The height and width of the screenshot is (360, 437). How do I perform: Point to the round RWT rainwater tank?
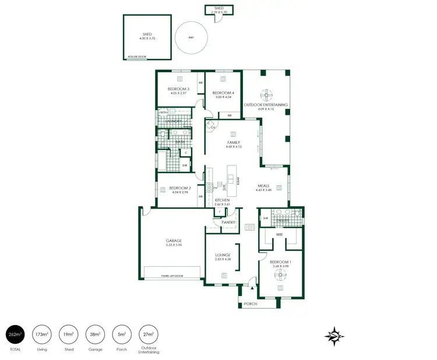(191, 38)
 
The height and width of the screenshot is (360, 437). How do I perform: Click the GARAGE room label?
(174, 241)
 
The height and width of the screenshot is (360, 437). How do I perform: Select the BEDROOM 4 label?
(223, 93)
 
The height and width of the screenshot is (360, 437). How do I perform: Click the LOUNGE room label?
(223, 255)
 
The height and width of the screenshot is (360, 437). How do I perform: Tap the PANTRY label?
(228, 223)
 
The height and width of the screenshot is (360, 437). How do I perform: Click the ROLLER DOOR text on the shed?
(138, 57)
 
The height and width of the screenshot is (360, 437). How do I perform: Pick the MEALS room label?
(264, 186)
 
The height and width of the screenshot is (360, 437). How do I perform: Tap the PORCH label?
(251, 303)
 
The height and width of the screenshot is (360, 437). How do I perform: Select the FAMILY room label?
(234, 143)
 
